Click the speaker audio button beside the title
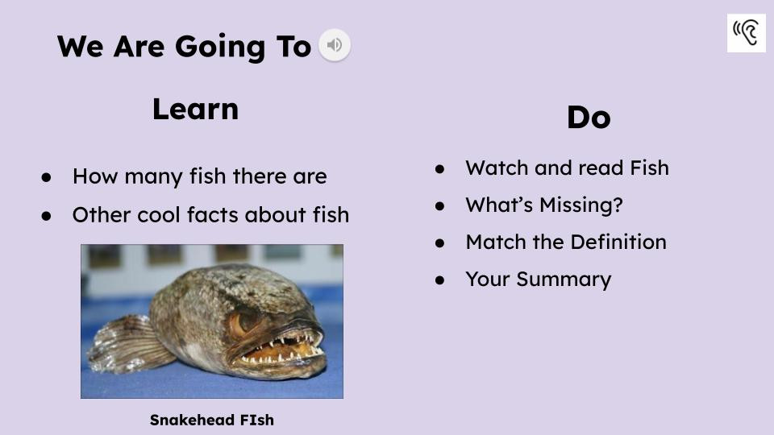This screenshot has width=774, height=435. click(335, 44)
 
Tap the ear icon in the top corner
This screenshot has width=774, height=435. click(746, 33)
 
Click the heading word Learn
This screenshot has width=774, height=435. click(195, 109)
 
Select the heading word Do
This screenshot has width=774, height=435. click(589, 118)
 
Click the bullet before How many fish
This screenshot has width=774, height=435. click(47, 176)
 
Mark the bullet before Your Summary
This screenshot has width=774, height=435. click(440, 280)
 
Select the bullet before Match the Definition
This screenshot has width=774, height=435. click(440, 242)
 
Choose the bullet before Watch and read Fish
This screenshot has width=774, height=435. click(440, 168)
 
